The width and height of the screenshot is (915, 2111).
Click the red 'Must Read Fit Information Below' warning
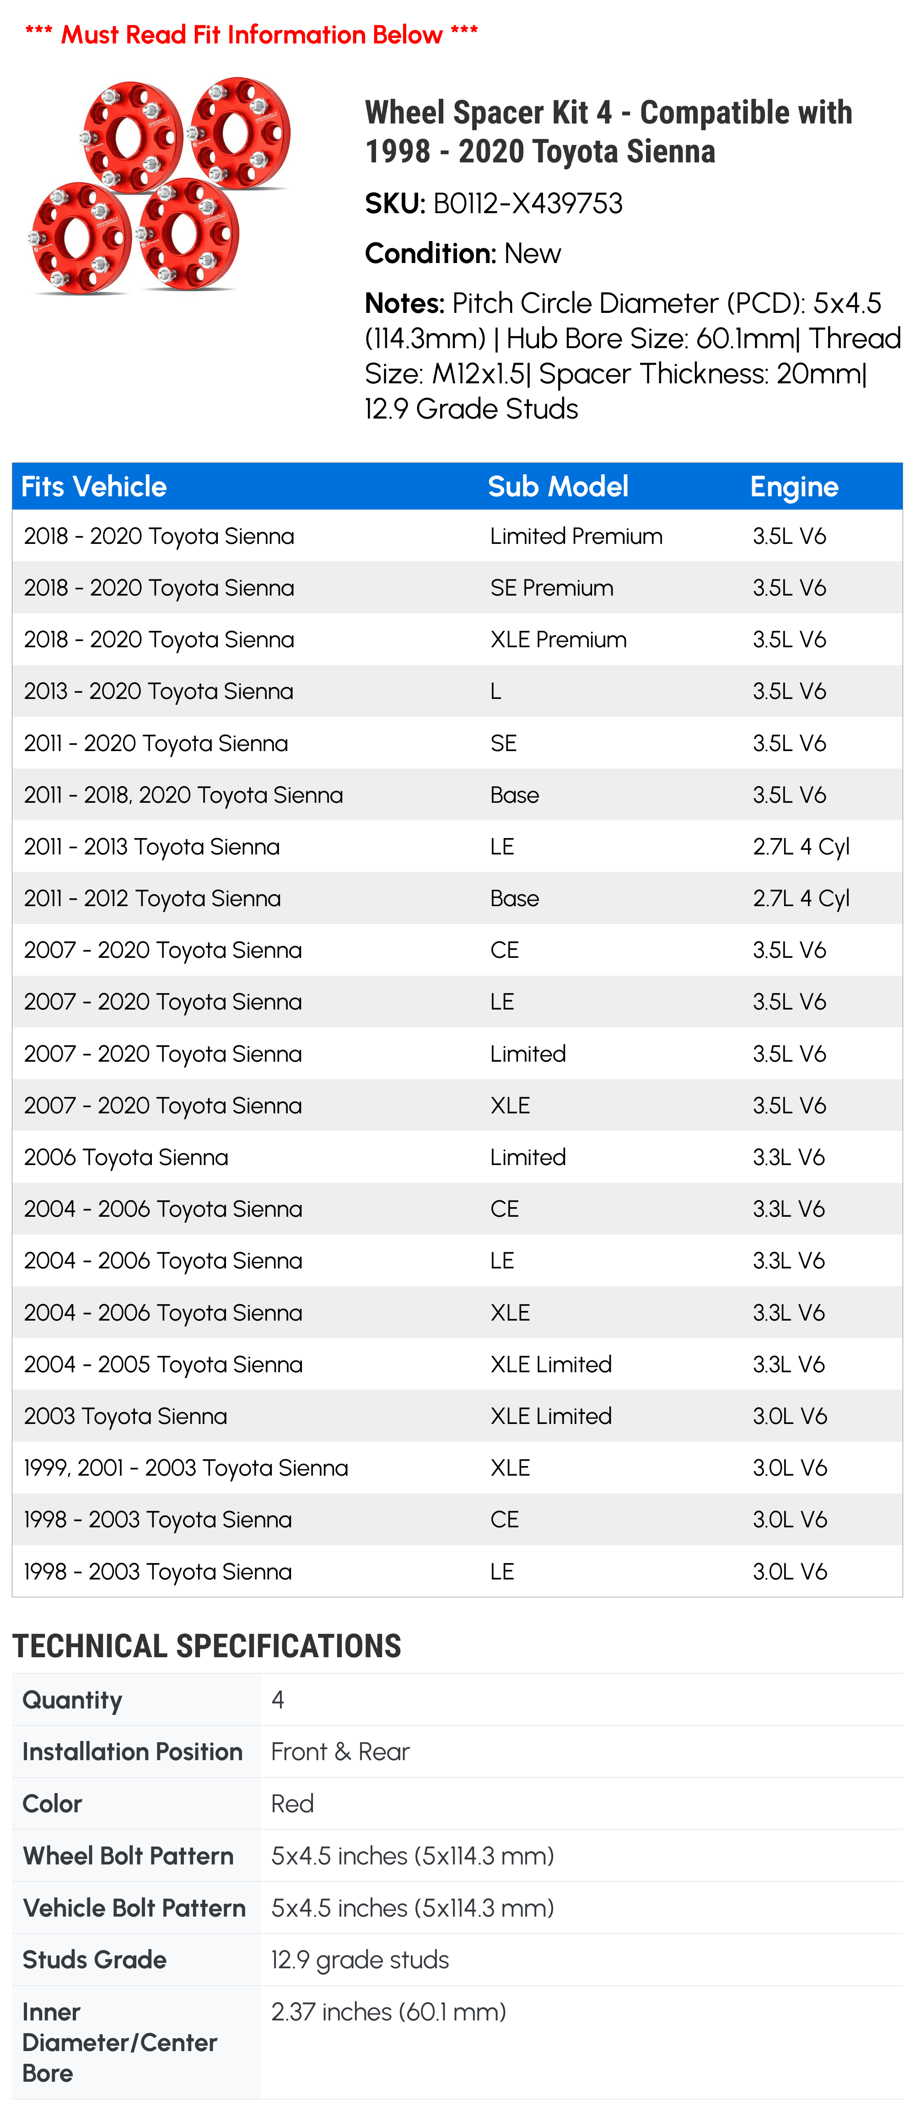(252, 34)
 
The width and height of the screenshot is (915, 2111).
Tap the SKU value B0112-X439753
(528, 203)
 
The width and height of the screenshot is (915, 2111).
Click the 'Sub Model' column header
(558, 487)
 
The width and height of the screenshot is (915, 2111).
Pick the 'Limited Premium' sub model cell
(576, 536)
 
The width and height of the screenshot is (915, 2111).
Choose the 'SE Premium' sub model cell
(552, 588)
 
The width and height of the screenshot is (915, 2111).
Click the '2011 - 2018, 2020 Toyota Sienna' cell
(183, 795)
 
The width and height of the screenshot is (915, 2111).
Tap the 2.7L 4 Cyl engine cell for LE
(801, 847)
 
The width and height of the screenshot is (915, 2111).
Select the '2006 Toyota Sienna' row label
(126, 1157)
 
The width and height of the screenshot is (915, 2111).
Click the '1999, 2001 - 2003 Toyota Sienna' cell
(186, 1468)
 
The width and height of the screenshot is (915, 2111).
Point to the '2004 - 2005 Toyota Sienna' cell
(163, 1364)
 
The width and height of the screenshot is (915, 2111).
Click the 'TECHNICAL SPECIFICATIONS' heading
(207, 1646)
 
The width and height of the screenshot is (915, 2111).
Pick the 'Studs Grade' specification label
(94, 1960)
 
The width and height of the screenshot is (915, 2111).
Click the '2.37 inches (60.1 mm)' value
(388, 2012)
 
